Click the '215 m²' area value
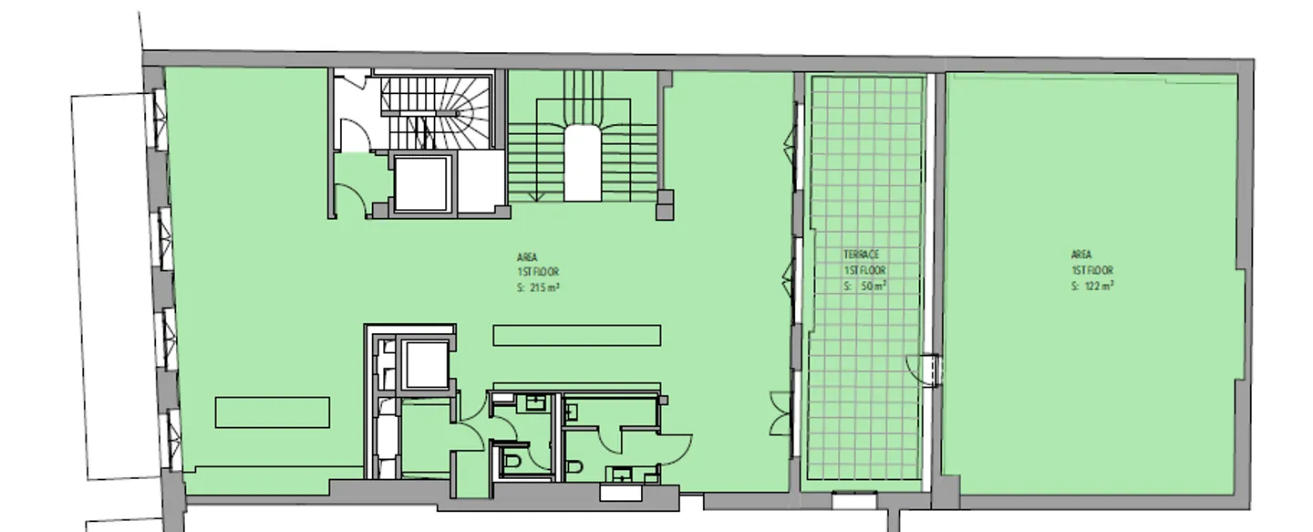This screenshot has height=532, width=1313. tap(544, 287)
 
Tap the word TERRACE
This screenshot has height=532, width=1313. tap(861, 255)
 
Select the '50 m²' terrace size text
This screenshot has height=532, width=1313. tap(874, 286)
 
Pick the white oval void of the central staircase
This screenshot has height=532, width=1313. tap(582, 163)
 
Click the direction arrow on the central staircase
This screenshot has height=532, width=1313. tap(536, 196)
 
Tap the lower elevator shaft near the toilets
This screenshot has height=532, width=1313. tap(426, 365)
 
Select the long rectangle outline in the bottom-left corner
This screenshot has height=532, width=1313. tap(273, 412)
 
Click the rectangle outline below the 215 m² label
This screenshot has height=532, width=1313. tap(577, 336)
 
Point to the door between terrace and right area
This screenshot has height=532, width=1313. tap(925, 370)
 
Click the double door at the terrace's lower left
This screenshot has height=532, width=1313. tap(781, 413)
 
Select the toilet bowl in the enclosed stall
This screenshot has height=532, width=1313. tap(512, 464)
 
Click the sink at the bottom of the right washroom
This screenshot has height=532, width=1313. tap(620, 474)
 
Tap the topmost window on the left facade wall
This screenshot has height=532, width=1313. tap(159, 120)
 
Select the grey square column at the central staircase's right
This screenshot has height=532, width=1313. tap(664, 204)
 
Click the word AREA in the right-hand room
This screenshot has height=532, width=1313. tap(1081, 255)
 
